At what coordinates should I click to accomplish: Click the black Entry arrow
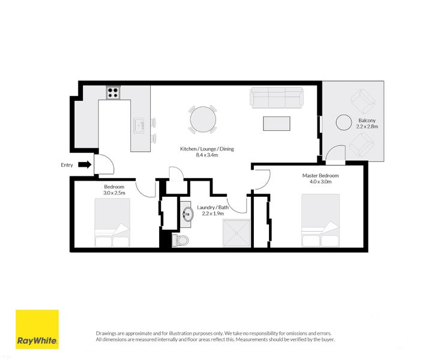pyautogui.click(x=84, y=164)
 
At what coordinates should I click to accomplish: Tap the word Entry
pyautogui.click(x=67, y=164)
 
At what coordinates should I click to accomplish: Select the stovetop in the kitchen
pyautogui.click(x=113, y=92)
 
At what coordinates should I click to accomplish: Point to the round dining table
pyautogui.click(x=202, y=119)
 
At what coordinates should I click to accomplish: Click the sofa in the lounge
pyautogui.click(x=276, y=97)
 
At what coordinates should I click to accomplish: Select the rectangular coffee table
pyautogui.click(x=276, y=122)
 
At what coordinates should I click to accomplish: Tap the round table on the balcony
pyautogui.click(x=344, y=122)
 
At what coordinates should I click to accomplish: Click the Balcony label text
pyautogui.click(x=367, y=120)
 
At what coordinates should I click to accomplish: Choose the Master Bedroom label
pyautogui.click(x=320, y=176)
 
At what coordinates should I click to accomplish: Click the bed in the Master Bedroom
pyautogui.click(x=320, y=220)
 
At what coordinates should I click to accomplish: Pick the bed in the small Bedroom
pyautogui.click(x=112, y=223)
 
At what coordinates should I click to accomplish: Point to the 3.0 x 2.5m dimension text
pyautogui.click(x=113, y=193)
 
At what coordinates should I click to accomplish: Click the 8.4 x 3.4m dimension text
pyautogui.click(x=207, y=155)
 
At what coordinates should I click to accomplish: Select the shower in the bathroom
pyautogui.click(x=235, y=233)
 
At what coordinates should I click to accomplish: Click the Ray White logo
pyautogui.click(x=37, y=329)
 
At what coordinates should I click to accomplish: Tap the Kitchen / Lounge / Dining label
pyautogui.click(x=207, y=148)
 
